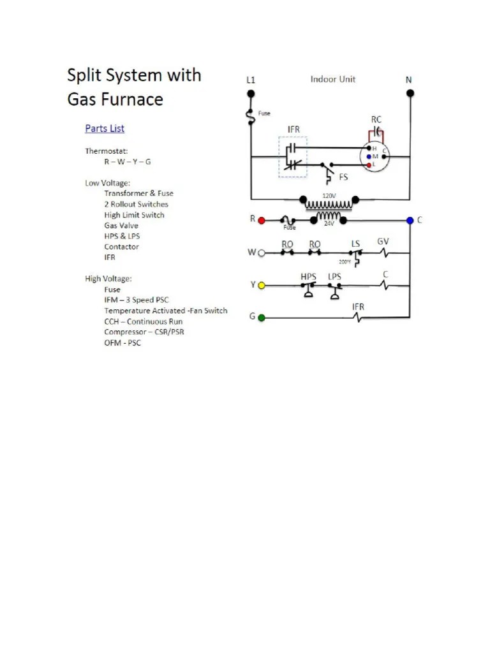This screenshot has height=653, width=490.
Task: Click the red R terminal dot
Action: pos(261,220)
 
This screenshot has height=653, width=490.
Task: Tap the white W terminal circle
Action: pos(261,253)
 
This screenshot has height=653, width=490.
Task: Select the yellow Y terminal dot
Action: pos(261,285)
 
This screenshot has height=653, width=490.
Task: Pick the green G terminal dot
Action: pos(261,317)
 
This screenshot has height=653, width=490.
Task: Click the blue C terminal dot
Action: pos(410,220)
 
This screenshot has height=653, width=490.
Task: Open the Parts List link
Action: pos(105,128)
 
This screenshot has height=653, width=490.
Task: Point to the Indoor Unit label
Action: pos(333,79)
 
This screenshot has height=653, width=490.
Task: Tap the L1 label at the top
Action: pos(251,80)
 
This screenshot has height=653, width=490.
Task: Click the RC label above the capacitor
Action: pos(376,119)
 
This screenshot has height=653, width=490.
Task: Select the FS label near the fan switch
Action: pos(343,177)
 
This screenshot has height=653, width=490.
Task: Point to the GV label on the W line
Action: pos(383,242)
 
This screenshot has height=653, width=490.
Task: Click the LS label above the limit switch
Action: pos(355,244)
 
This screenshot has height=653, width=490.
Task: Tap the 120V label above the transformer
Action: pos(329,196)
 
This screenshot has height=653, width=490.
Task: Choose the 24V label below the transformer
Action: pos(329,224)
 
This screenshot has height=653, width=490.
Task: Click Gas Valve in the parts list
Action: pos(121,226)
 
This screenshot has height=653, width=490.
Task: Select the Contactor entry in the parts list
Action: pos(121,247)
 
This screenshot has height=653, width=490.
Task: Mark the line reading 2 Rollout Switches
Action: pos(137,204)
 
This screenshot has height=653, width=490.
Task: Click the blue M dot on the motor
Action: pos(369,156)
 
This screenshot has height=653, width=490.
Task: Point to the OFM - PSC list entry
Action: pos(122,343)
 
